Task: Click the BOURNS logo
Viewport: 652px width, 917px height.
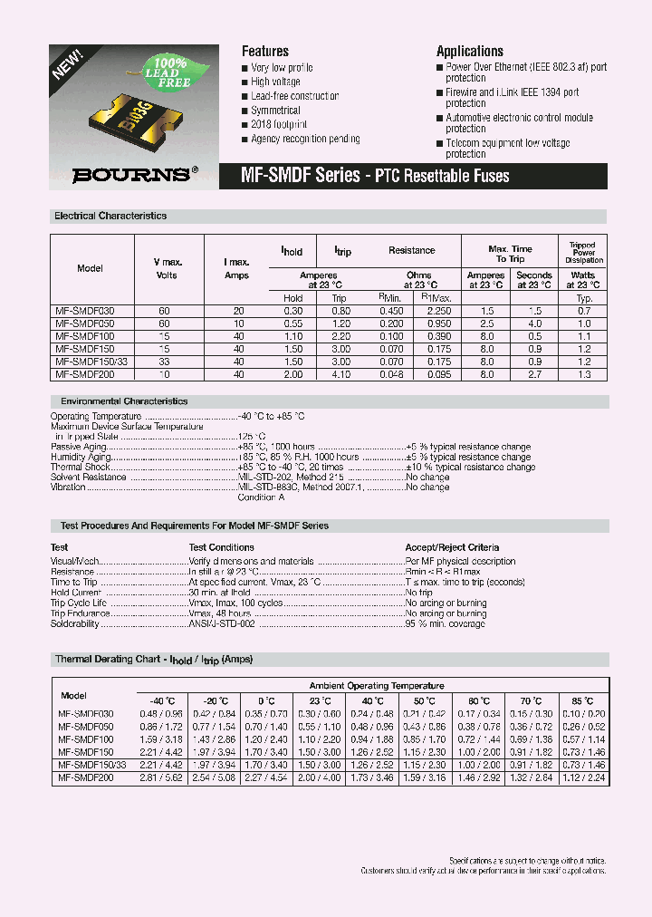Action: click(130, 175)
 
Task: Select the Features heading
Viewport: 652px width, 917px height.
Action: click(265, 52)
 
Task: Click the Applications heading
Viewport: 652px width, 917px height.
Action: click(470, 52)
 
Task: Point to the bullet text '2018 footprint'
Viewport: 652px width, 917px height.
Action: click(279, 124)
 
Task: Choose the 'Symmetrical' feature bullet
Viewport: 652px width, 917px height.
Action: click(276, 110)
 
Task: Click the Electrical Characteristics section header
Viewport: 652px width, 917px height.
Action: click(110, 217)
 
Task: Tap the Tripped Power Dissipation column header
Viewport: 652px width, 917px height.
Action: click(582, 253)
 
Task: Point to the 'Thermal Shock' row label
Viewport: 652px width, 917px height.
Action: click(81, 467)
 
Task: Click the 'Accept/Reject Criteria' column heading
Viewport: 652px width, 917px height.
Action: click(452, 547)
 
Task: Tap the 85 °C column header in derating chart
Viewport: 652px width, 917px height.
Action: click(582, 700)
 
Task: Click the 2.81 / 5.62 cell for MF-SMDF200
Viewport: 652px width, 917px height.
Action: click(160, 777)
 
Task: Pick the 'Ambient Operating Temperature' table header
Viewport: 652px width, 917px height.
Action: click(377, 686)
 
